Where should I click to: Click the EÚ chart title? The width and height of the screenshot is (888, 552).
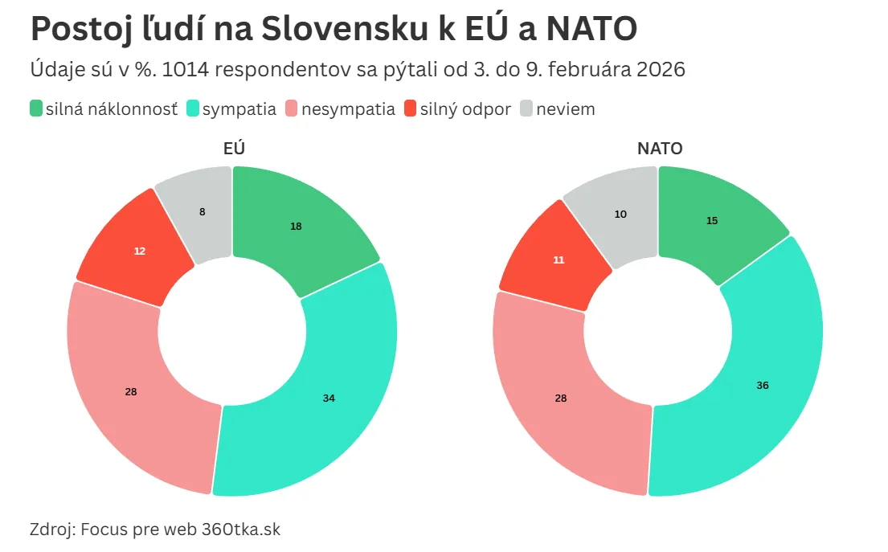tap(234, 149)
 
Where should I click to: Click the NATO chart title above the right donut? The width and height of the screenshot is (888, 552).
tap(659, 149)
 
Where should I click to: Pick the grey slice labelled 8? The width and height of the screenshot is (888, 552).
tap(201, 213)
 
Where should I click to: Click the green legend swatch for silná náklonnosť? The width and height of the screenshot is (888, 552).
tap(36, 108)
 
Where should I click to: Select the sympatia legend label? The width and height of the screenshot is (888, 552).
tap(239, 109)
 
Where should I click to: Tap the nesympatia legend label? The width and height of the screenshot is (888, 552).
tap(348, 109)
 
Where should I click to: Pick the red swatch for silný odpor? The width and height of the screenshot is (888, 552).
tap(410, 108)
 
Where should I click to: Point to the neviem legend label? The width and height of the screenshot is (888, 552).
tap(566, 109)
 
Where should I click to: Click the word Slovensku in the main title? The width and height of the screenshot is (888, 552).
tap(345, 30)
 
